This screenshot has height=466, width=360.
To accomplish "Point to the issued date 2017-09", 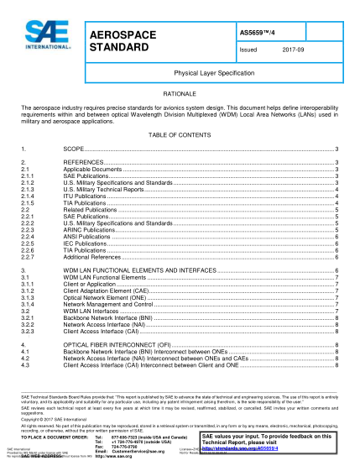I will (293, 50).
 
